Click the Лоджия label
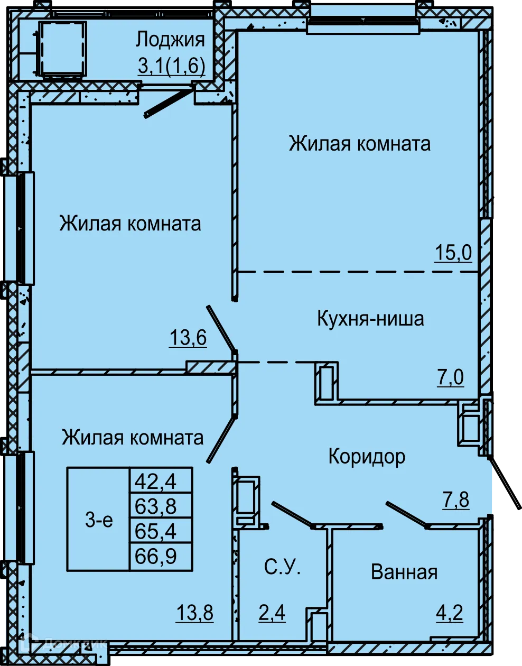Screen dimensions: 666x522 (x=170, y=40)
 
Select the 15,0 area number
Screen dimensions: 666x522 (x=453, y=253)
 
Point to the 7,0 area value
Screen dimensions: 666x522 (x=450, y=377)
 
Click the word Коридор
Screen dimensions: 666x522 (x=367, y=456)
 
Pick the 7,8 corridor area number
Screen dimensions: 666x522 (x=455, y=499)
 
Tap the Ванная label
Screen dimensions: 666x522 (x=404, y=572)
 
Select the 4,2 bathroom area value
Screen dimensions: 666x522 (x=450, y=613)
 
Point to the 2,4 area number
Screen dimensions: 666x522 (x=272, y=613)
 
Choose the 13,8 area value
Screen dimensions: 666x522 (x=194, y=613)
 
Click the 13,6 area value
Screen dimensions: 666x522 (x=188, y=337)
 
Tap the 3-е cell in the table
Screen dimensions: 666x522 (x=99, y=520)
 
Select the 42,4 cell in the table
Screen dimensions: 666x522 (x=155, y=482)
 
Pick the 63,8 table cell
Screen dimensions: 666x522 (x=155, y=506)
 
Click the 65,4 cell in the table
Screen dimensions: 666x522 (x=155, y=531)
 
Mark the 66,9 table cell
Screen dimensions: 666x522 (x=155, y=556)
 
